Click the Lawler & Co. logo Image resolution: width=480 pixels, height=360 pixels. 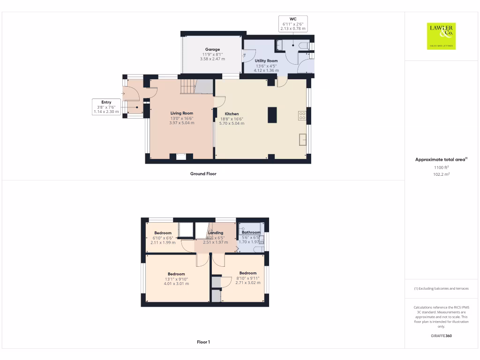coord(441,36)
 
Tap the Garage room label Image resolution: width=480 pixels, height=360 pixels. coord(212,49)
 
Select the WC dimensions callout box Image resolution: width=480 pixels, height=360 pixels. coord(293,23)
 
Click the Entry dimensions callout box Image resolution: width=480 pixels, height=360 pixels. coord(106,107)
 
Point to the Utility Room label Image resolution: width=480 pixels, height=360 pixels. coord(266,61)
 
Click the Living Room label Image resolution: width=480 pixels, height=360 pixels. coord(181,113)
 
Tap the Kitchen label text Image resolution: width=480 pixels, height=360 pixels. coord(232,114)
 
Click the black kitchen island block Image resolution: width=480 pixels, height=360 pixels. coord(272,115)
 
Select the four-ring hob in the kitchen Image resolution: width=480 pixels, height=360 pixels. coord(302,116)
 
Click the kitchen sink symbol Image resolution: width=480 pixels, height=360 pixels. coord(303,139)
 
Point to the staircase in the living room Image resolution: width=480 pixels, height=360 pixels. coord(188,86)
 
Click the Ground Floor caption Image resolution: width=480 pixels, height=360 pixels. coord(203,174)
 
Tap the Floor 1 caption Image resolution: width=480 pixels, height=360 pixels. coord(203,342)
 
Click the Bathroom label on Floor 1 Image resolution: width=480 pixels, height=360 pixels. coord(251,232)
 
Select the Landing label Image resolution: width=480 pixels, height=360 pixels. coord(216,232)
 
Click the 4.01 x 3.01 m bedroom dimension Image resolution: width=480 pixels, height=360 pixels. coord(176,284)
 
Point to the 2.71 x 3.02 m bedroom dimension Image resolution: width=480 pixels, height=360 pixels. coord(247,283)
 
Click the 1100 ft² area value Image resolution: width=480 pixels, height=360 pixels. coord(441,167)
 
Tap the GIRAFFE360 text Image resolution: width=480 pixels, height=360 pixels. coord(441,336)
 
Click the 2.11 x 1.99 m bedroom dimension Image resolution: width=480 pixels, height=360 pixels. coord(163,242)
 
